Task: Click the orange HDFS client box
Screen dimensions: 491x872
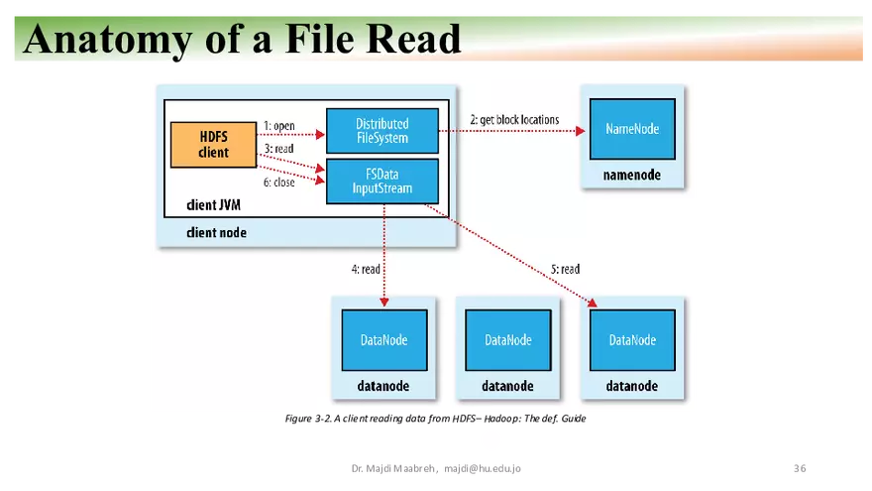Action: [x=213, y=145]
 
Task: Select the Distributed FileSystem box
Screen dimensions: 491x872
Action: [x=381, y=130]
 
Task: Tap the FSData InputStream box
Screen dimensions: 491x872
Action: [x=381, y=182]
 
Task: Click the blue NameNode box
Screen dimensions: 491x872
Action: [x=632, y=129]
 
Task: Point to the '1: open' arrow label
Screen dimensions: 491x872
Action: [x=278, y=126]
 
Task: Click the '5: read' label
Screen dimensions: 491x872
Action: [x=564, y=269]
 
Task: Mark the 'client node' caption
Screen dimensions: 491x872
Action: [x=216, y=232]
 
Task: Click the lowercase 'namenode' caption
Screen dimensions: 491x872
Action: [x=632, y=176]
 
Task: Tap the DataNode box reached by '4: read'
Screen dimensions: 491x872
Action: [x=383, y=340]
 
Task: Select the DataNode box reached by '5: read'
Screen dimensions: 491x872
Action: [x=632, y=340]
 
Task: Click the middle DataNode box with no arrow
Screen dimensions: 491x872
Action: [x=508, y=340]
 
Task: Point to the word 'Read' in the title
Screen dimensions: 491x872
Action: [x=413, y=40]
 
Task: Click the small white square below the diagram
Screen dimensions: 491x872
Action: [x=491, y=440]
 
